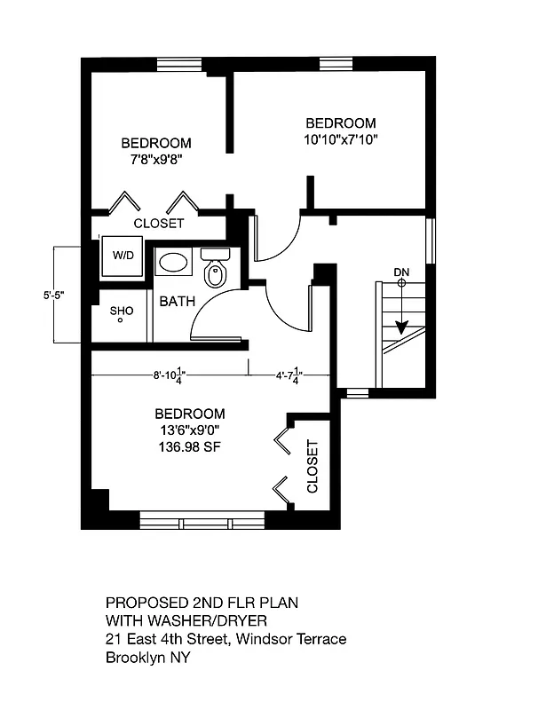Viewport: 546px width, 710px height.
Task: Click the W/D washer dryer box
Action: [x=122, y=256]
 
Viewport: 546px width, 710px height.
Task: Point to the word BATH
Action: [x=177, y=302]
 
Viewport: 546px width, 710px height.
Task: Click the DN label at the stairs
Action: [x=401, y=272]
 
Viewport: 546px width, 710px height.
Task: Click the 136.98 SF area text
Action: [x=189, y=447]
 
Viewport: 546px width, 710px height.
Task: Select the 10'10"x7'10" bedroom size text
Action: [x=340, y=139]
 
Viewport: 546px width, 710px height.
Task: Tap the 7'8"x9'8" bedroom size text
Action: [x=156, y=160]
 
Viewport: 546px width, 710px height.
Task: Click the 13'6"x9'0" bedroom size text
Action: [x=189, y=430]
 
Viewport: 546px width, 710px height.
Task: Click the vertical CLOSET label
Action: [x=313, y=468]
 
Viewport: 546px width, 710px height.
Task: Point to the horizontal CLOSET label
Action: [x=159, y=224]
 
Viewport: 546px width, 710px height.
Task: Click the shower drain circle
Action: [x=120, y=320]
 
